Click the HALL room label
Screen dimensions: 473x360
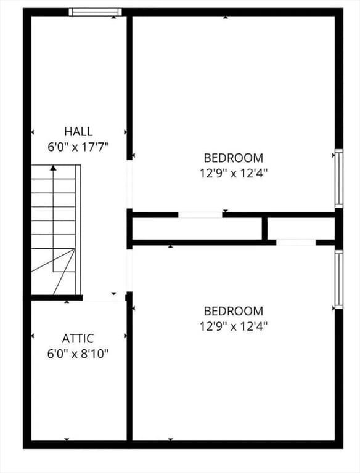78,131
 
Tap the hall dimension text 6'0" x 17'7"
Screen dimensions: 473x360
78,147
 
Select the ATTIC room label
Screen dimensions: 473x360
78,338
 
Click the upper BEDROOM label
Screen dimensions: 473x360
234,158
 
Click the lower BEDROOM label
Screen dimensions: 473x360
234,311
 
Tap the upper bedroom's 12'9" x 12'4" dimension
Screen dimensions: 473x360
234,173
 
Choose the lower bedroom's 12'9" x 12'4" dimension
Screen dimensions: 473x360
234,326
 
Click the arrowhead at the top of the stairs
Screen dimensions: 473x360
53,167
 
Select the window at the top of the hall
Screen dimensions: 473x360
95,12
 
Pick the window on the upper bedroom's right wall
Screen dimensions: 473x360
338,179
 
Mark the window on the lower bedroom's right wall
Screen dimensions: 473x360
338,280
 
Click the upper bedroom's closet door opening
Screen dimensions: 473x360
200,215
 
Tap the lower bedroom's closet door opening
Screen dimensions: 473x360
296,242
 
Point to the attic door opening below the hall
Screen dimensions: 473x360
104,297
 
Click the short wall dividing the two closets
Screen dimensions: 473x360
264,228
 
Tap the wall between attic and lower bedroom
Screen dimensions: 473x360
129,370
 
